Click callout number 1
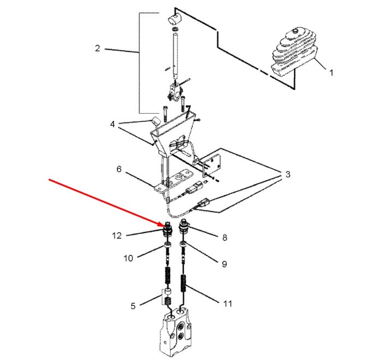tap(331, 73)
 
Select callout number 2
tap(98, 48)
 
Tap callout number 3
tap(288, 174)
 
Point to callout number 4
tap(112, 124)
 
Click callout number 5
tap(133, 306)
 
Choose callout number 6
tap(119, 169)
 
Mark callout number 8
tap(225, 237)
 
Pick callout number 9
tap(224, 264)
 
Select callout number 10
tap(128, 258)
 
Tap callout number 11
tap(228, 304)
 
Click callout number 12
tap(117, 235)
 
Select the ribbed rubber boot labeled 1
tap(294, 52)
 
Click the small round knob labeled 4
tap(155, 121)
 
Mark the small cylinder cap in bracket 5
tap(167, 292)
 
